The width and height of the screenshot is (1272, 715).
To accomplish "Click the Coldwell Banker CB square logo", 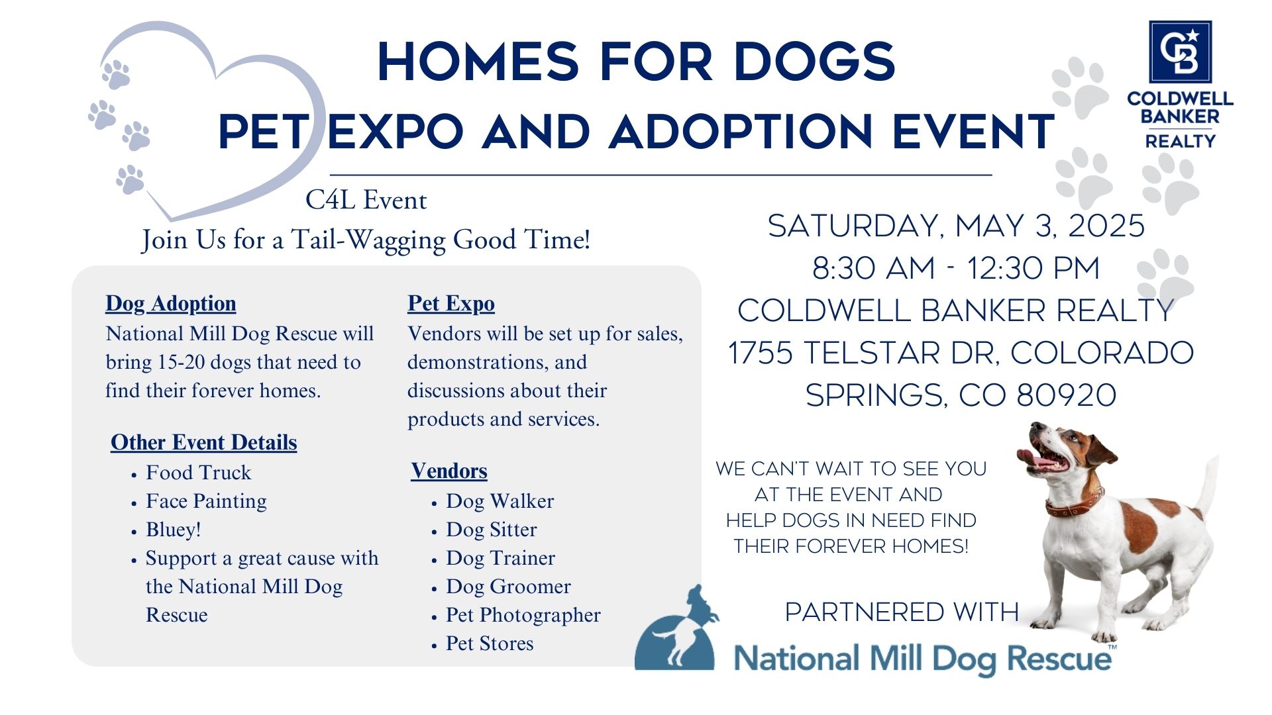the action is (1180, 52).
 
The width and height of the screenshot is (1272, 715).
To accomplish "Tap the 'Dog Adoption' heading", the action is (171, 303).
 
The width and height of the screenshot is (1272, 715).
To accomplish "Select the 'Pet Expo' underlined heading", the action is (451, 303).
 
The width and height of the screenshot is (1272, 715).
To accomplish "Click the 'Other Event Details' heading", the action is (204, 442).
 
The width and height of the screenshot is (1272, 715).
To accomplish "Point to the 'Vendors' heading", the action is (449, 471).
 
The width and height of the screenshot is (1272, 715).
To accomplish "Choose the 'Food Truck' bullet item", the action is (199, 473).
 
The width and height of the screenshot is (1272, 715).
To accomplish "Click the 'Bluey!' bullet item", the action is (174, 530).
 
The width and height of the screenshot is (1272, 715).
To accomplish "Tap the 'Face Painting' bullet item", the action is (207, 501).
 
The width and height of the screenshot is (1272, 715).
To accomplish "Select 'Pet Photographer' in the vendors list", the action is (523, 615).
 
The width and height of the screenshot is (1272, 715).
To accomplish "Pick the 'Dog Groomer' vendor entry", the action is (509, 587).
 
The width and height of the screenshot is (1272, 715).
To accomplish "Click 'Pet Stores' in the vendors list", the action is (490, 643).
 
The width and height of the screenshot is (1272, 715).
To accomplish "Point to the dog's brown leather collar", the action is (1075, 503).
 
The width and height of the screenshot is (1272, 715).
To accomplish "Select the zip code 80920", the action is (1067, 395).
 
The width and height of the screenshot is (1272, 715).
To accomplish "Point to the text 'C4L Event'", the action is (366, 200).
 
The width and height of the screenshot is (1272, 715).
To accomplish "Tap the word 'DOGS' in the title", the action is (815, 62).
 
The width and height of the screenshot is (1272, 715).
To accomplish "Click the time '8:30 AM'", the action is (874, 269).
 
